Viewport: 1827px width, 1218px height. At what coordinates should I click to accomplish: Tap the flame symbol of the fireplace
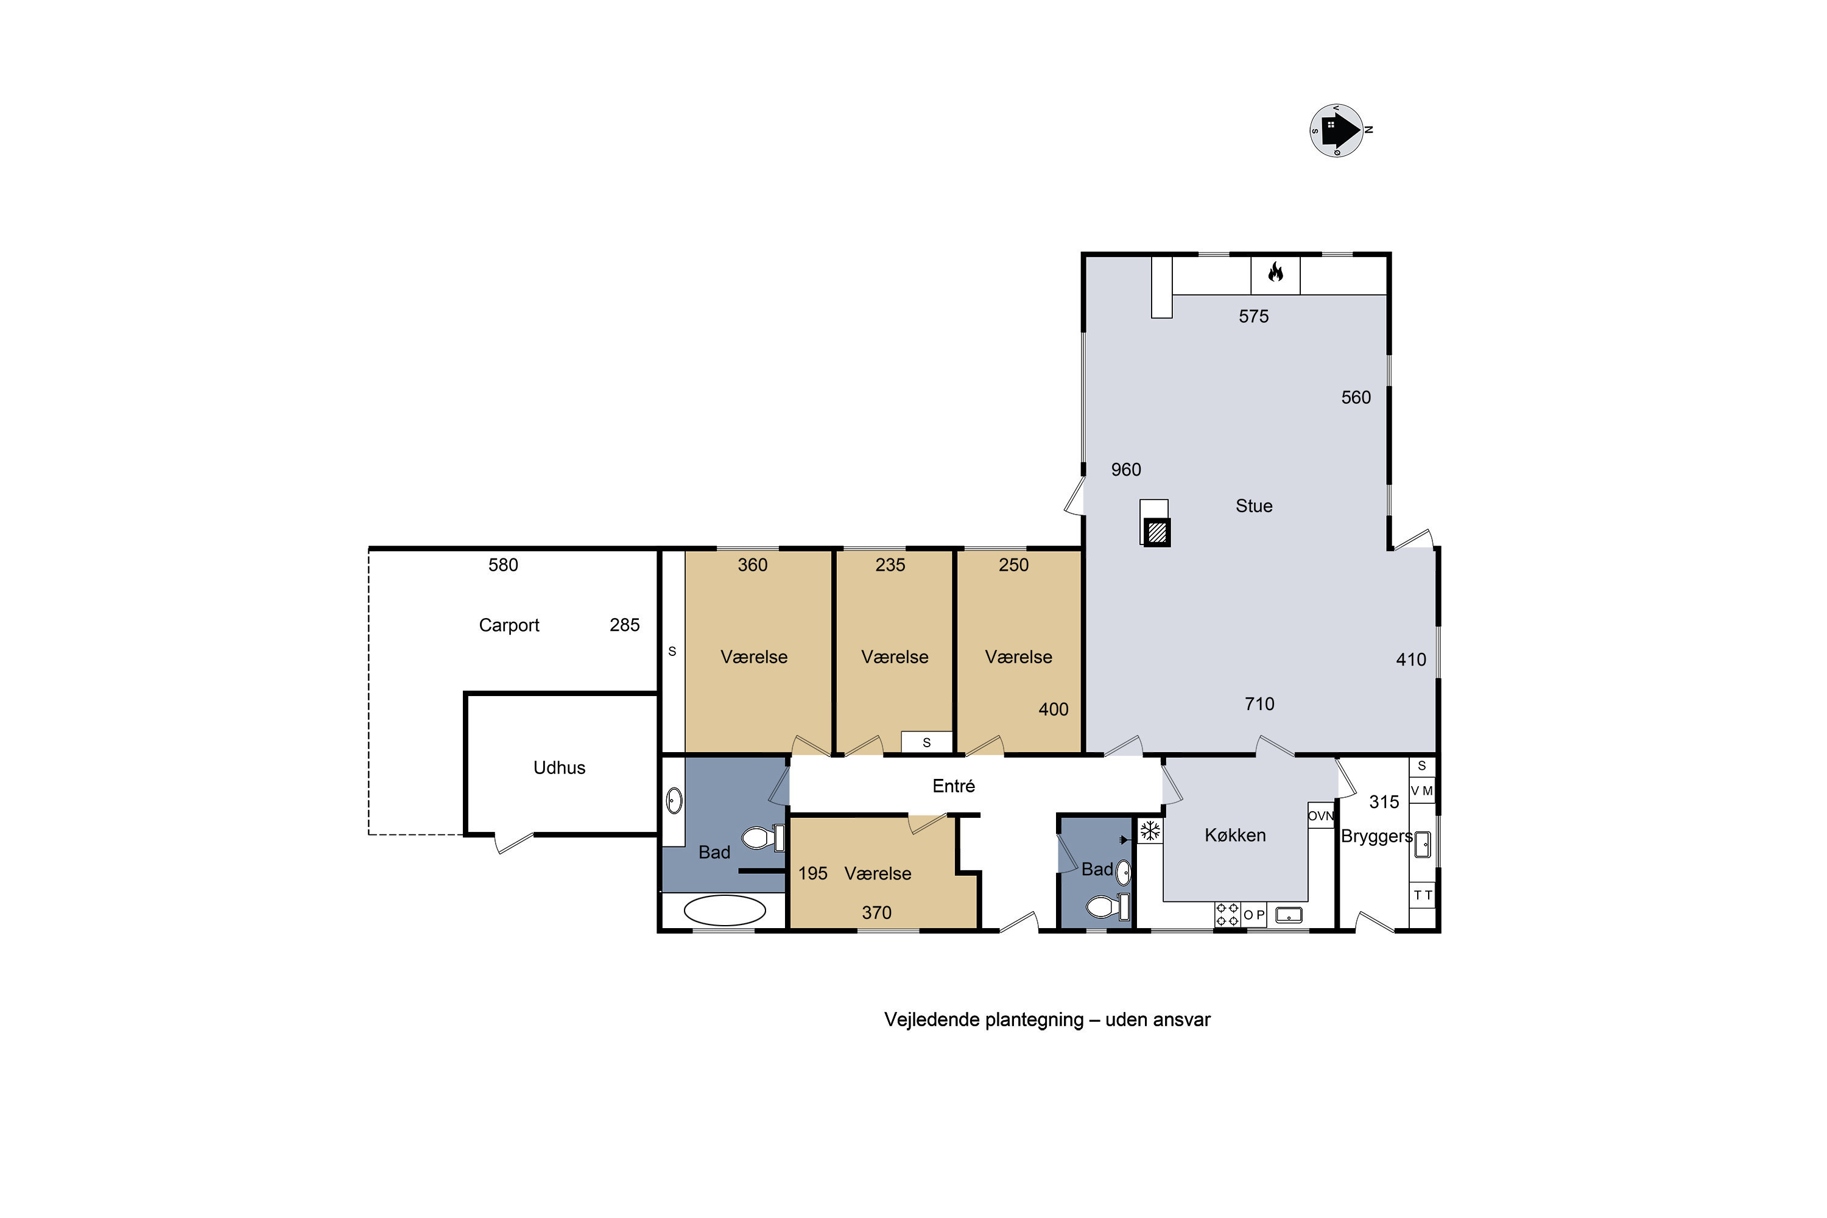point(1275,272)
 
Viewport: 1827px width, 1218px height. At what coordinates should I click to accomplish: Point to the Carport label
point(509,625)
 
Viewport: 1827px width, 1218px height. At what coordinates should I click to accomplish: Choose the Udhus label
point(559,767)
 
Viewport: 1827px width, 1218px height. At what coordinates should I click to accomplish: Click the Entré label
point(953,786)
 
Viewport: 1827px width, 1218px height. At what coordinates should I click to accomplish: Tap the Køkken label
point(1235,835)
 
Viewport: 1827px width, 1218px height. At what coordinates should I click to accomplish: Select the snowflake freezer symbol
point(1150,831)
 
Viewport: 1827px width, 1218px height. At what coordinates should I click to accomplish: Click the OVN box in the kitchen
point(1320,815)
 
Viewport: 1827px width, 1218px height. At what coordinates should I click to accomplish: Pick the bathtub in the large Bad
point(725,910)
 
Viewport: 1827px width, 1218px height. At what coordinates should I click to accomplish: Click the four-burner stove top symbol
point(1227,914)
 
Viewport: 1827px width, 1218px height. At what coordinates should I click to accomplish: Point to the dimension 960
point(1125,470)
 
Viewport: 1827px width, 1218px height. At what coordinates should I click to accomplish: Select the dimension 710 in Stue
point(1259,704)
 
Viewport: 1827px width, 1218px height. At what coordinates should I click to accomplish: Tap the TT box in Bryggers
point(1422,895)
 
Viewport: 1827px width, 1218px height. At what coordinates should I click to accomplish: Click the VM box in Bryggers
point(1422,790)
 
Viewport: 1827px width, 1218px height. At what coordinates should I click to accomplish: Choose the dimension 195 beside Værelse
point(812,873)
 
